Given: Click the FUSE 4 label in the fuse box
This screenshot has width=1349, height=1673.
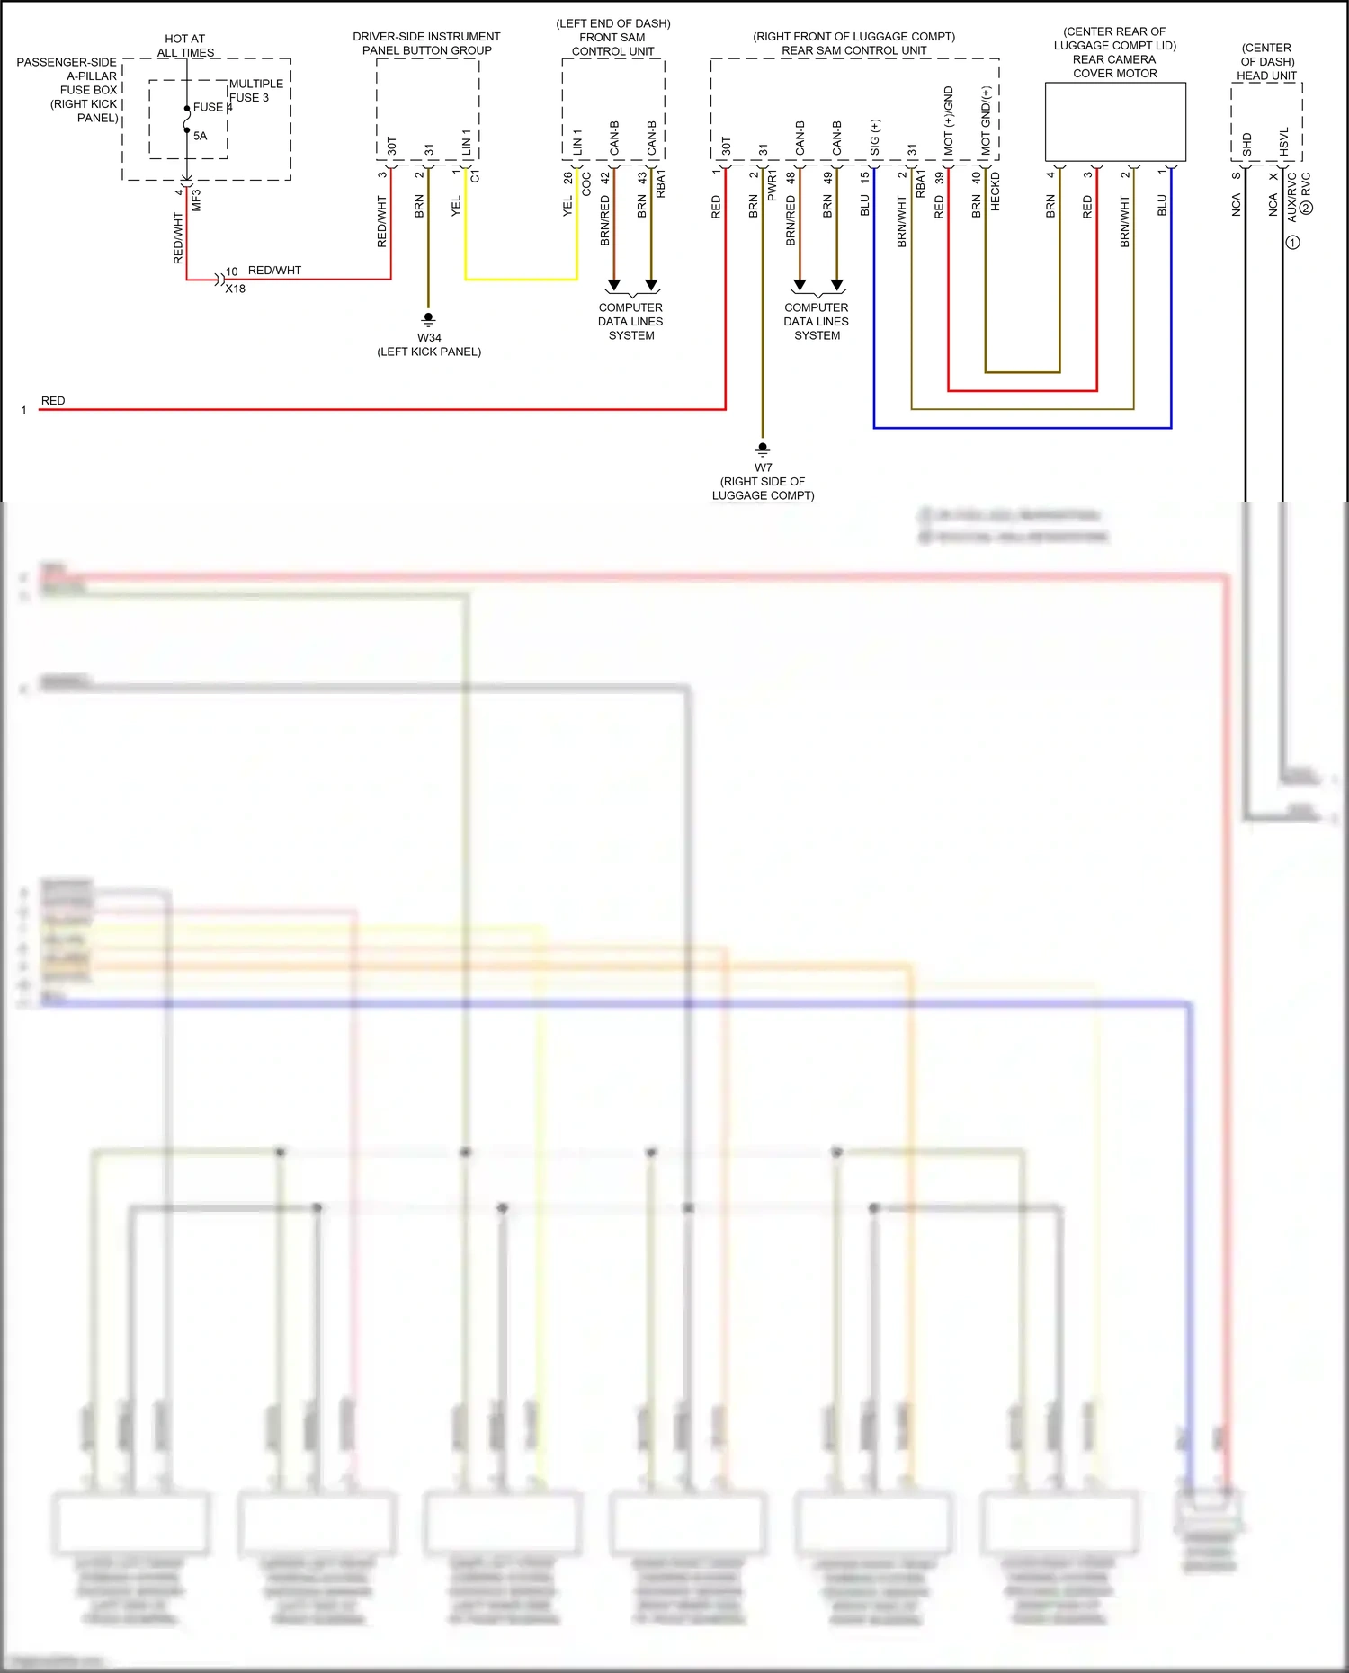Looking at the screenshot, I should click(x=212, y=107).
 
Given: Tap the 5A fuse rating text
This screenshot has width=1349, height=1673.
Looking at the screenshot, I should click(x=200, y=136).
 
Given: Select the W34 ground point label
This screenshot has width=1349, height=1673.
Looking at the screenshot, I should click(x=429, y=338).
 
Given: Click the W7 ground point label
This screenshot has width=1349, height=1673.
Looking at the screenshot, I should click(x=763, y=467).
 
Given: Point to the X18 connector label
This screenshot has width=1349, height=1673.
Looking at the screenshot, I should click(x=236, y=289).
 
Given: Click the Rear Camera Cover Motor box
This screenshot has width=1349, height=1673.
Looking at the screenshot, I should click(x=1115, y=121).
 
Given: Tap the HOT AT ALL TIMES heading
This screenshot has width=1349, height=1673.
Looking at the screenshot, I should click(x=185, y=46).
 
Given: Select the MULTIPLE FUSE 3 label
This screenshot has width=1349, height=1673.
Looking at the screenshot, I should click(x=255, y=91).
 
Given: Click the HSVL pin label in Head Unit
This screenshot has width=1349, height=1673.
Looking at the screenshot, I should click(x=1284, y=141).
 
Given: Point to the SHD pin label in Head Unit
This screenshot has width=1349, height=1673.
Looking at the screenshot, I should click(x=1247, y=144).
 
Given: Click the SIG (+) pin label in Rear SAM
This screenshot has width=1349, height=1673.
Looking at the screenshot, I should click(x=875, y=138).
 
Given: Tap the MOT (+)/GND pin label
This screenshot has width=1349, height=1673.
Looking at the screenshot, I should click(x=949, y=120).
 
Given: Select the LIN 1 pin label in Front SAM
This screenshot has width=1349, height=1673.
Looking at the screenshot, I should click(x=577, y=141).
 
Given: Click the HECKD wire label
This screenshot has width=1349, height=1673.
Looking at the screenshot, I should click(x=996, y=191).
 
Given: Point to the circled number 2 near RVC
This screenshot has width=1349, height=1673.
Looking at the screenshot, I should click(x=1307, y=208).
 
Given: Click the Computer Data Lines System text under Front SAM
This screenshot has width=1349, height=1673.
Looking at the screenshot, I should click(x=630, y=321).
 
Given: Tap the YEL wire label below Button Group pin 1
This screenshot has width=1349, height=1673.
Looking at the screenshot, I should click(x=456, y=206).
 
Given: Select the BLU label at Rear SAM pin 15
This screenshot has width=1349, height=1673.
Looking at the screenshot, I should click(x=865, y=205).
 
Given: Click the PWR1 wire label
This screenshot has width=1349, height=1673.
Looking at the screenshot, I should click(x=773, y=184).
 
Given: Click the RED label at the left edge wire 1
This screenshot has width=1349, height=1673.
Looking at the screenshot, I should click(x=53, y=401).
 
